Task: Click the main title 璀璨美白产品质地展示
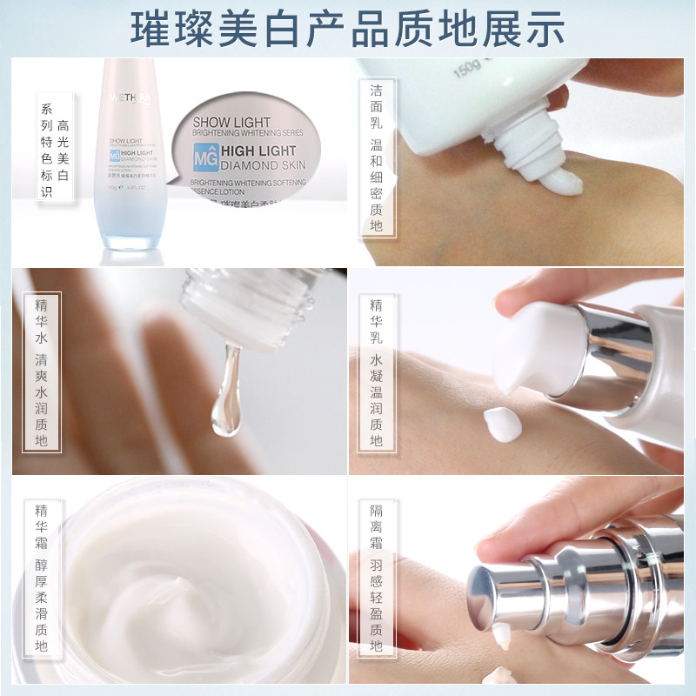pyautogui.click(x=348, y=28)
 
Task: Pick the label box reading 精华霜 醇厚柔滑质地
pyautogui.click(x=42, y=579)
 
